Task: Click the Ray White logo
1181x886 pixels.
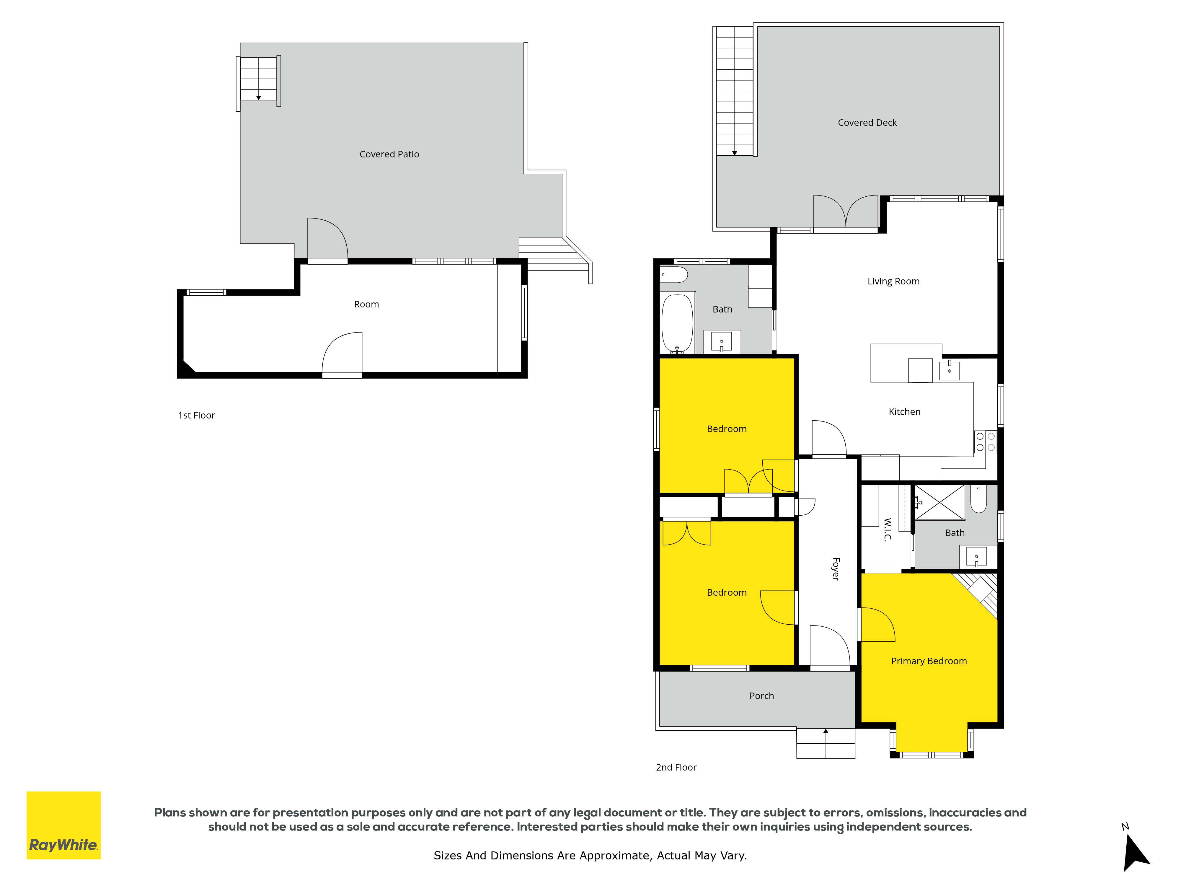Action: click(63, 825)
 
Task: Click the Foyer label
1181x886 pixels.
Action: click(836, 569)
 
